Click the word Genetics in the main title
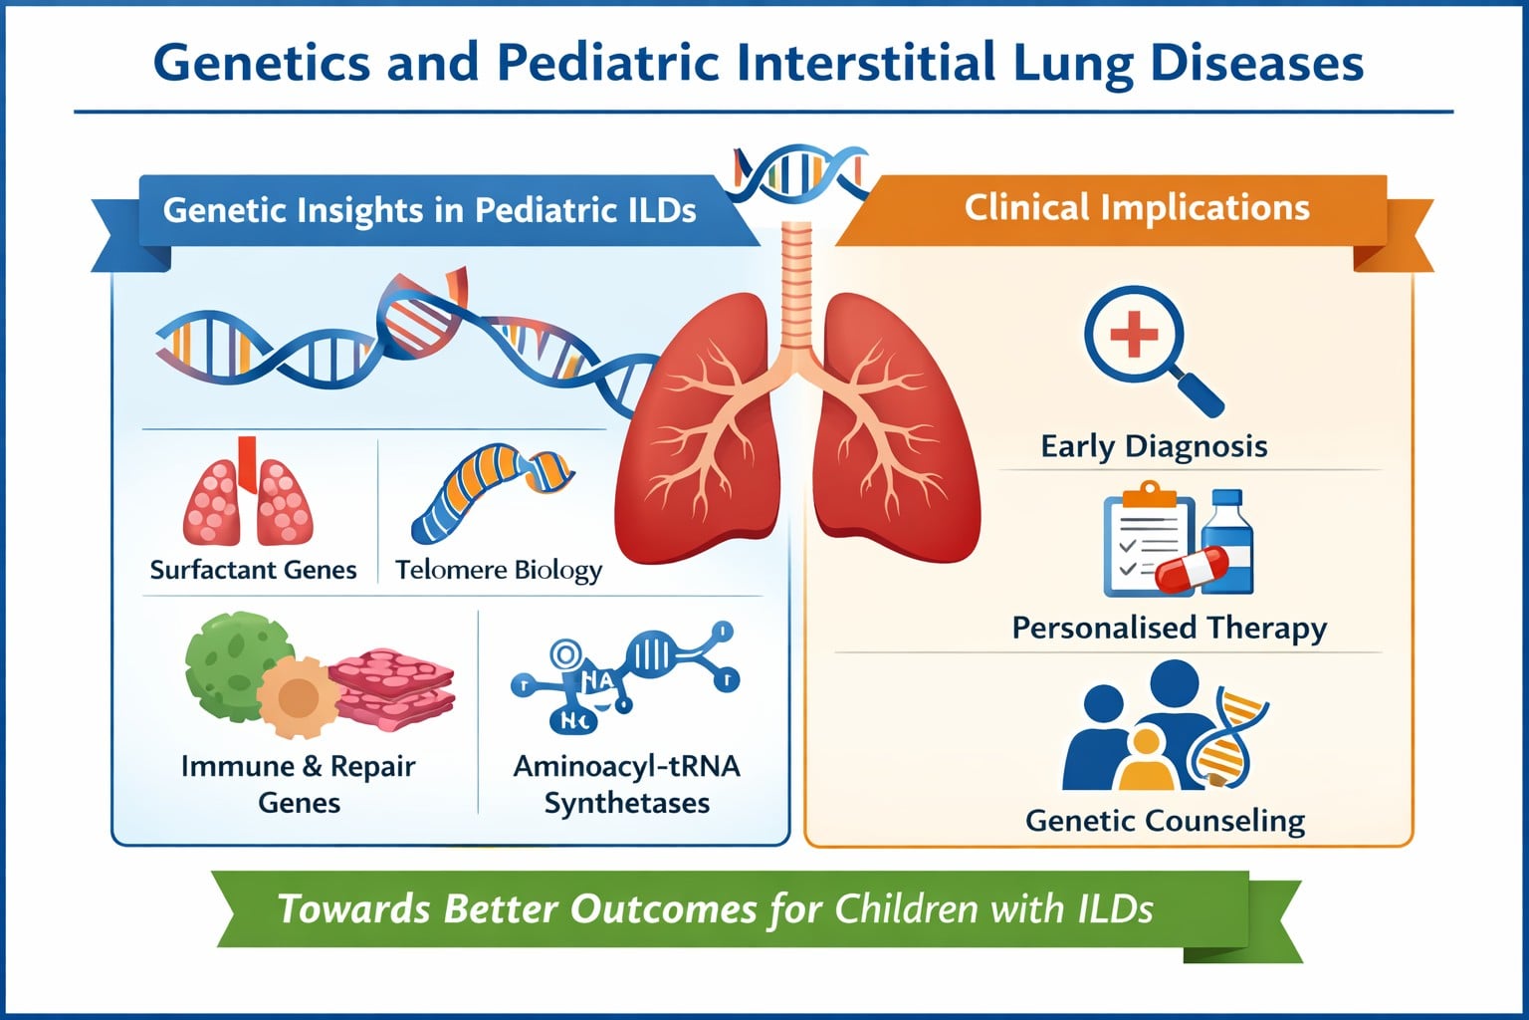[262, 63]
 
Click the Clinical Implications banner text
[1137, 208]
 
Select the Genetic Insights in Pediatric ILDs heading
[429, 210]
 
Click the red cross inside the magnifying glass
[1134, 334]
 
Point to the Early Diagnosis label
[1155, 447]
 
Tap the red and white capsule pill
[1192, 569]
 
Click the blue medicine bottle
[1227, 541]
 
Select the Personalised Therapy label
[1170, 628]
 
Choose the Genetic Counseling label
[1166, 821]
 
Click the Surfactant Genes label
[253, 570]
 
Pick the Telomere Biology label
[499, 571]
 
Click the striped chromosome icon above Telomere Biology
[493, 492]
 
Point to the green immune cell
[236, 666]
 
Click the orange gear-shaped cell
[299, 697]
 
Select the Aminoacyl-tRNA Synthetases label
[626, 784]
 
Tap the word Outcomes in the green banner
[664, 909]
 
